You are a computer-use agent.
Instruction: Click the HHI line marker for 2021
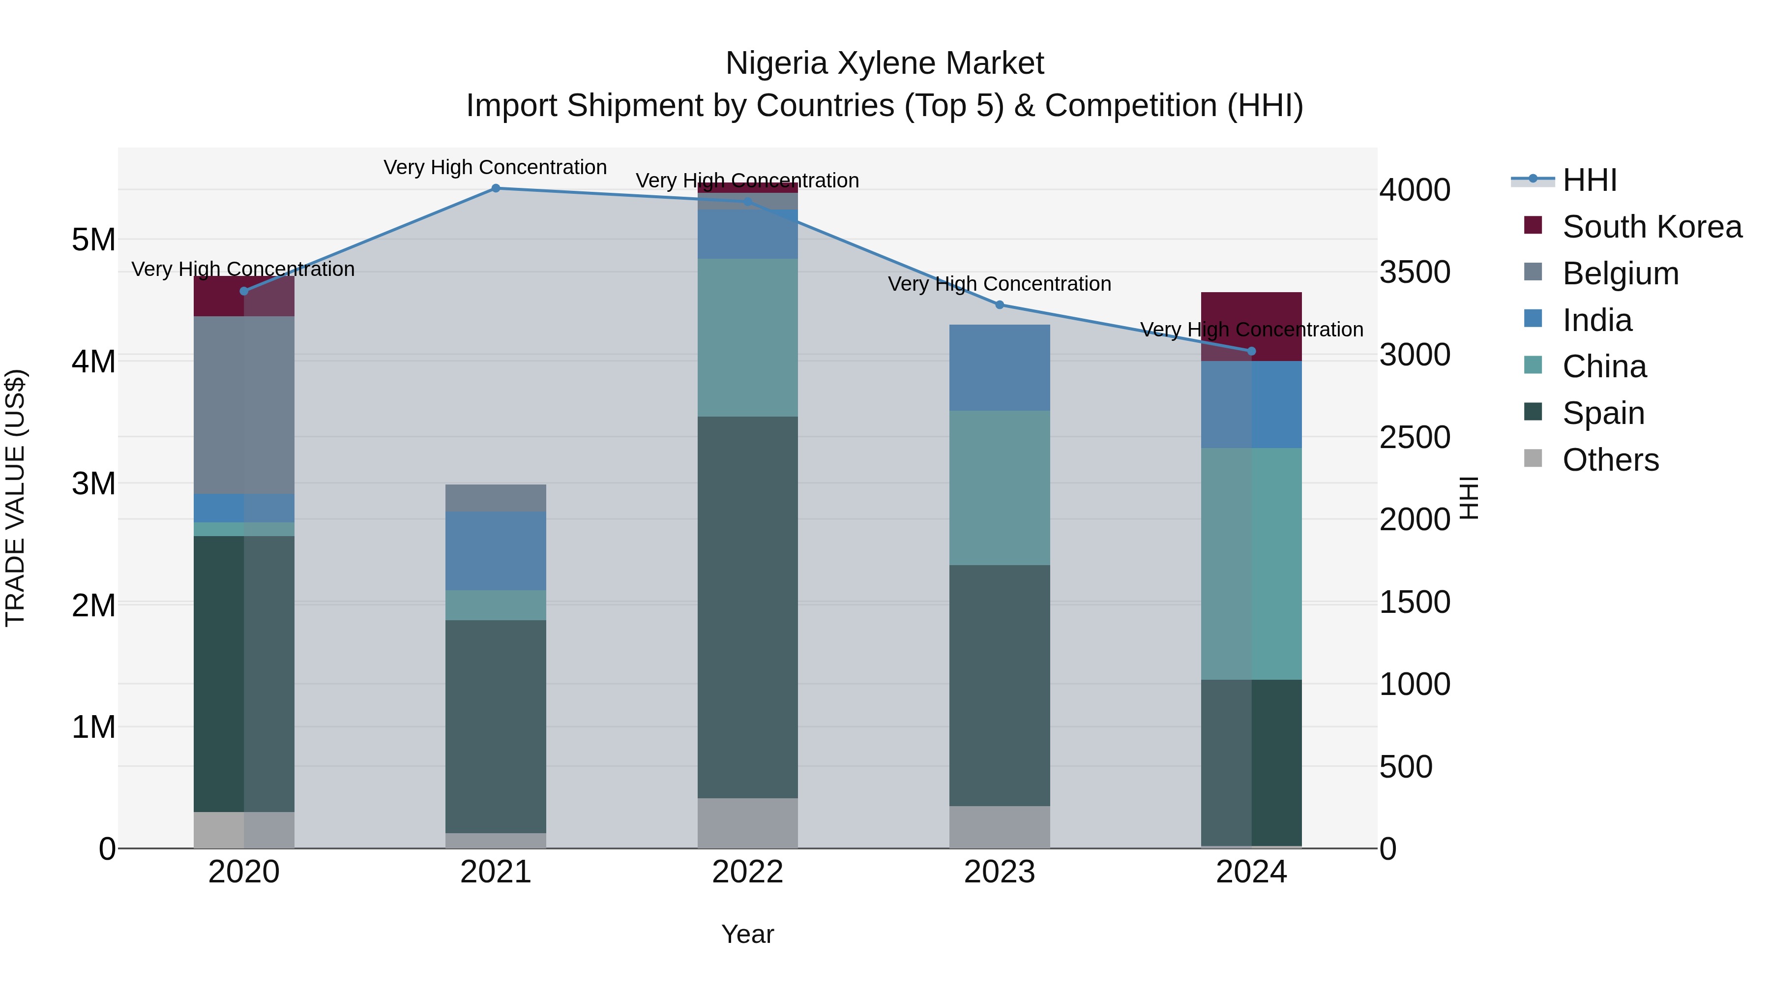[x=496, y=188]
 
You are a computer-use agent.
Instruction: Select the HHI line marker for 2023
[x=999, y=305]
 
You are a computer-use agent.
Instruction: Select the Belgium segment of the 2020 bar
[x=244, y=406]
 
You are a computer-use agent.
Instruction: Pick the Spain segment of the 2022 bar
[x=747, y=607]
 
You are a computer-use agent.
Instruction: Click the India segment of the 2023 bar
[x=999, y=368]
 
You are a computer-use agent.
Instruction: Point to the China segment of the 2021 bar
[x=496, y=605]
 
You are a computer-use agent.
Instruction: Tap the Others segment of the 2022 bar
[x=747, y=823]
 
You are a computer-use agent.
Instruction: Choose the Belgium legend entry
[x=1620, y=273]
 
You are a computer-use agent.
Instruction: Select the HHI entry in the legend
[x=1589, y=180]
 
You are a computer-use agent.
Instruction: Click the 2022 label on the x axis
[x=747, y=872]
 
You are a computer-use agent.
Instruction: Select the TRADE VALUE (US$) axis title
[x=16, y=498]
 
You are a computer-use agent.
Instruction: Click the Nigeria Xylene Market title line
[x=885, y=63]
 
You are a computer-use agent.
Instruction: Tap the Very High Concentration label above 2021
[x=496, y=168]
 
